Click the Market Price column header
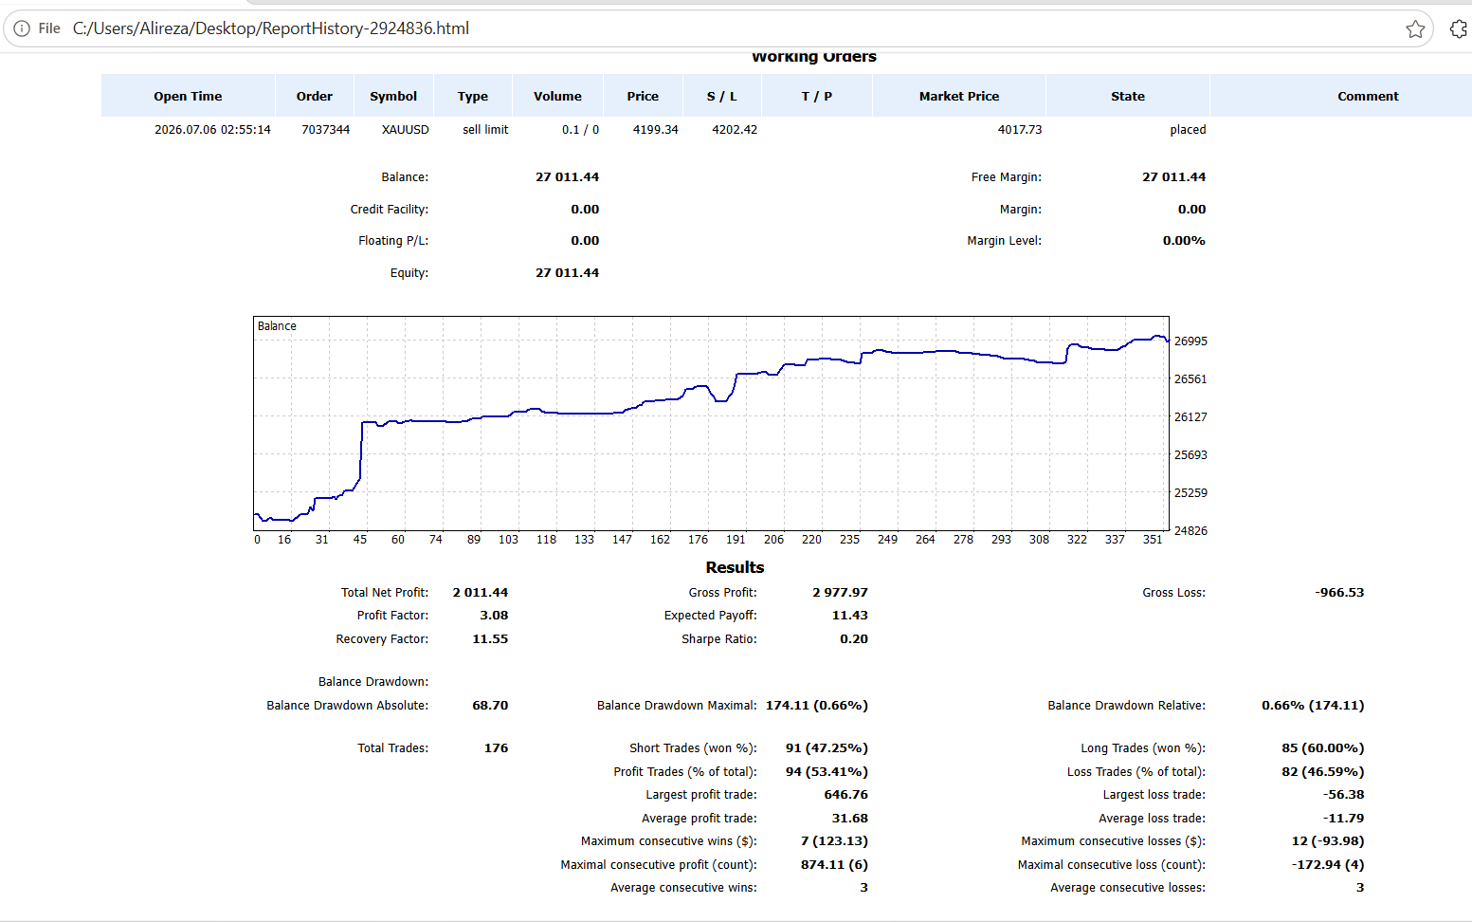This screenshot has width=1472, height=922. click(959, 96)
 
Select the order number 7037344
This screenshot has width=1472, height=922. click(325, 130)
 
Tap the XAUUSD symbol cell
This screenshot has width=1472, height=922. click(406, 130)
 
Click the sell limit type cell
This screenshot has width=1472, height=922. click(485, 130)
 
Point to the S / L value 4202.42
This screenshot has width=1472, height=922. click(735, 130)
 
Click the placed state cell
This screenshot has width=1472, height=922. click(1188, 130)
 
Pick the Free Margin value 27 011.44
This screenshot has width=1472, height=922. click(1173, 176)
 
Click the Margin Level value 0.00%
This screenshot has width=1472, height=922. click(1184, 241)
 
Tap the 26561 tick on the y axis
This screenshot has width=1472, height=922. click(1190, 378)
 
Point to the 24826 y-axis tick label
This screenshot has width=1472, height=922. click(1190, 530)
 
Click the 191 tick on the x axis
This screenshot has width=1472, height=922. click(736, 540)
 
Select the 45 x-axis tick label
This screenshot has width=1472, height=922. click(359, 540)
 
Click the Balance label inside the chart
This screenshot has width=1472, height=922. click(277, 326)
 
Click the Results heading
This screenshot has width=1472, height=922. click(735, 567)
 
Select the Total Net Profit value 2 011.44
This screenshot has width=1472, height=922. click(481, 593)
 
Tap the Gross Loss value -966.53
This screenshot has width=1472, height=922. click(1339, 593)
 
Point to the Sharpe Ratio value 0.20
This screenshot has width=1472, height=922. click(854, 639)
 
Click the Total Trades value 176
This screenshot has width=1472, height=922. click(496, 748)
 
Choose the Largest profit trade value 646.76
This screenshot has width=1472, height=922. click(845, 795)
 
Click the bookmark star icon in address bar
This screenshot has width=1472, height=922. click(1415, 29)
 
